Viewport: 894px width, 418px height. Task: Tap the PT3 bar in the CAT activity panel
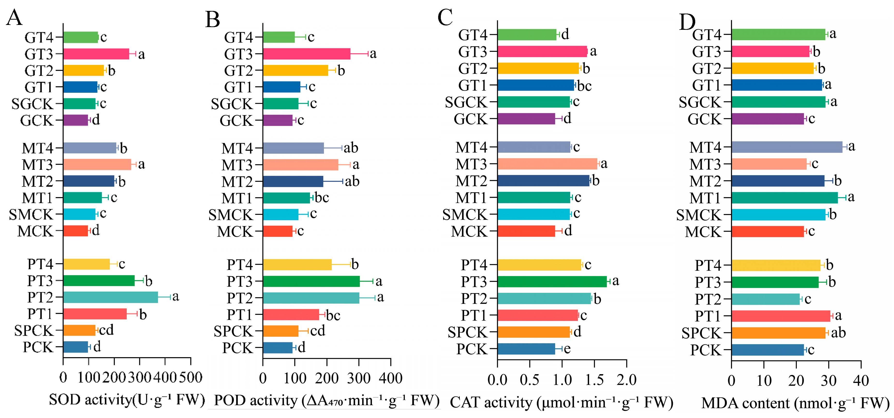tap(552, 281)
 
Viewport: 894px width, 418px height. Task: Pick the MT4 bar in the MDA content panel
tap(787, 147)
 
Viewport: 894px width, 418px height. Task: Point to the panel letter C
tap(445, 17)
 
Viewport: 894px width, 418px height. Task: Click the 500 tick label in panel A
tap(191, 377)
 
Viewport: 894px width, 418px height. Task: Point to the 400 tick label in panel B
tap(391, 378)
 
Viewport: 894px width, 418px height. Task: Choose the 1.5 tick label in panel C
tap(594, 380)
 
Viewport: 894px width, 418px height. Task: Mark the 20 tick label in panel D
tap(796, 381)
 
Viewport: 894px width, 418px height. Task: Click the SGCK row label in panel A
tap(32, 104)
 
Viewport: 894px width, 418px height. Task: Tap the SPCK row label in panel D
tap(701, 333)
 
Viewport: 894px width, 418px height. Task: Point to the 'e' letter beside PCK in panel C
tap(567, 349)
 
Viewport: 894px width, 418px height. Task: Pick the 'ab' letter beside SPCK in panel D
tap(838, 333)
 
